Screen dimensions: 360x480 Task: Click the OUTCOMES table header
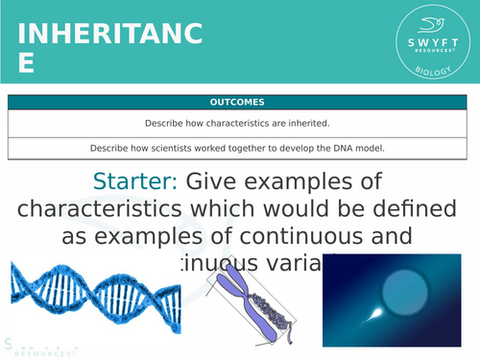[x=241, y=102]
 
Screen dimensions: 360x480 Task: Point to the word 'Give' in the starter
[x=219, y=180]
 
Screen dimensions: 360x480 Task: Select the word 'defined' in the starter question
[x=417, y=208]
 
